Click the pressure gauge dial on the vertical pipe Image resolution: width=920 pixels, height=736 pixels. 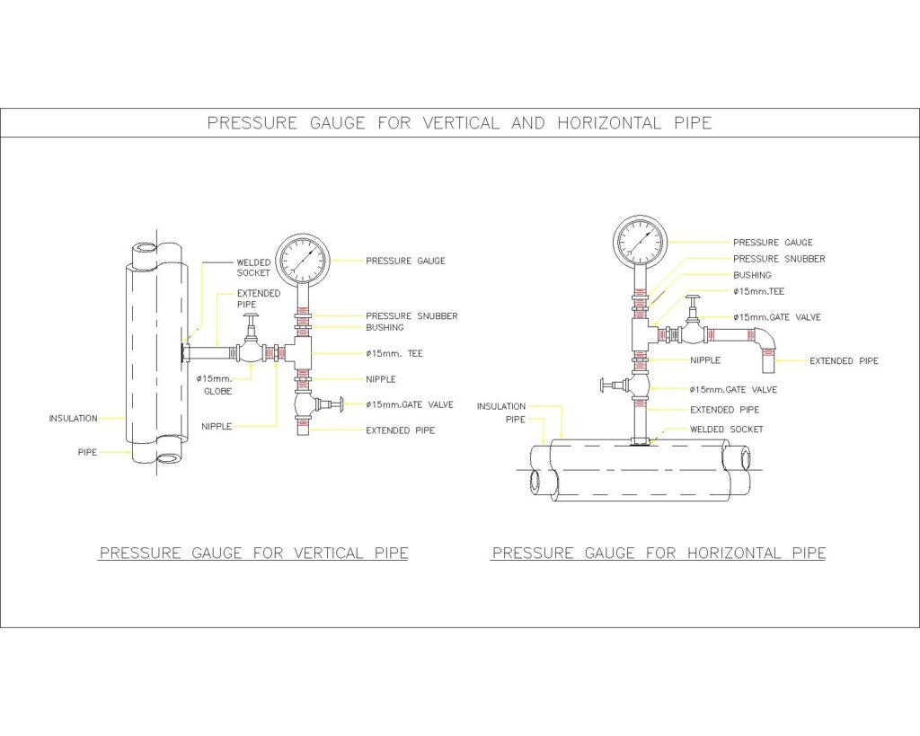click(302, 260)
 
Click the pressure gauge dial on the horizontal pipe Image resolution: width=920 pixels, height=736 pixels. click(641, 241)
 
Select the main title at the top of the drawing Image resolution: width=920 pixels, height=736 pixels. click(459, 123)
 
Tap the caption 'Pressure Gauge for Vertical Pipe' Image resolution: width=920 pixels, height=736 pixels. click(253, 554)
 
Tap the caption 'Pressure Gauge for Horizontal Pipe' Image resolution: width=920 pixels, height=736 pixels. click(659, 554)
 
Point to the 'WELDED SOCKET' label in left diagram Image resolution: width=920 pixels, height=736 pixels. click(253, 268)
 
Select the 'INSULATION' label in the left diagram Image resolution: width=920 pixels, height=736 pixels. click(73, 418)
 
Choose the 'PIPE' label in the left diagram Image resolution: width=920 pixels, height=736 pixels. click(86, 452)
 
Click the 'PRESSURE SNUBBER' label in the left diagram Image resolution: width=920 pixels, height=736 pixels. click(411, 316)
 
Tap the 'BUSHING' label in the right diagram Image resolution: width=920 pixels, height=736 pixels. click(752, 275)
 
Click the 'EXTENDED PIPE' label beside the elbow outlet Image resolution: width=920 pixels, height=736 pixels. click(844, 361)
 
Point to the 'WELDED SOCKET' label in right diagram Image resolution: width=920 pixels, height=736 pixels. click(726, 430)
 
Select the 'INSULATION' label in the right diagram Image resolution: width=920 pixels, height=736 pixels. click(500, 406)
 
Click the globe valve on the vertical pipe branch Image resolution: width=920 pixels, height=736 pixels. click(251, 349)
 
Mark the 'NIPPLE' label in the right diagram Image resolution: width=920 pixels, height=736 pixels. click(705, 360)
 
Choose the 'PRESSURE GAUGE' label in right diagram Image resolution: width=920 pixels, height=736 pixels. click(773, 243)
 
